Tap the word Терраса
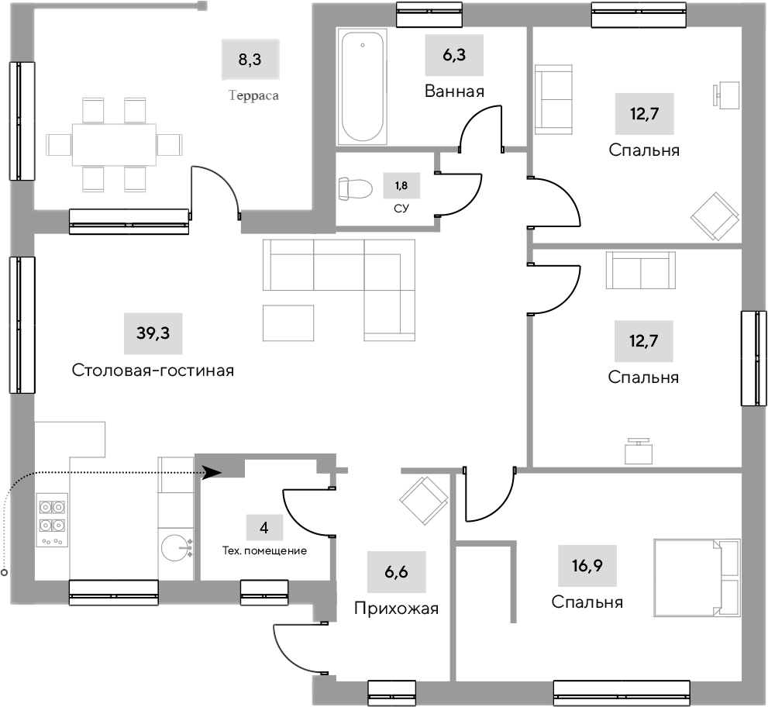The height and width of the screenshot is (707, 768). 253,97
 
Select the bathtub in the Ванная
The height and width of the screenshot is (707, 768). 363,86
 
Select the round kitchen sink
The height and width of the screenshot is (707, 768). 177,548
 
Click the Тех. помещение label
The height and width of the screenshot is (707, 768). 264,551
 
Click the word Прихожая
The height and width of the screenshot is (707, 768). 396,609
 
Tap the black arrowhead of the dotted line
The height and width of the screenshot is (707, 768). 212,471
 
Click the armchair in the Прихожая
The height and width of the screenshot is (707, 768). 424,500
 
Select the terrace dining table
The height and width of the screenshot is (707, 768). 114,144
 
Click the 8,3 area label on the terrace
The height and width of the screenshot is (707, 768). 250,60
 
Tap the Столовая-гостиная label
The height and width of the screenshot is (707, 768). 153,371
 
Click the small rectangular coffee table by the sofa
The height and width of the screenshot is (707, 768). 288,322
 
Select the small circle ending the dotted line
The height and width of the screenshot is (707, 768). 5,574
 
